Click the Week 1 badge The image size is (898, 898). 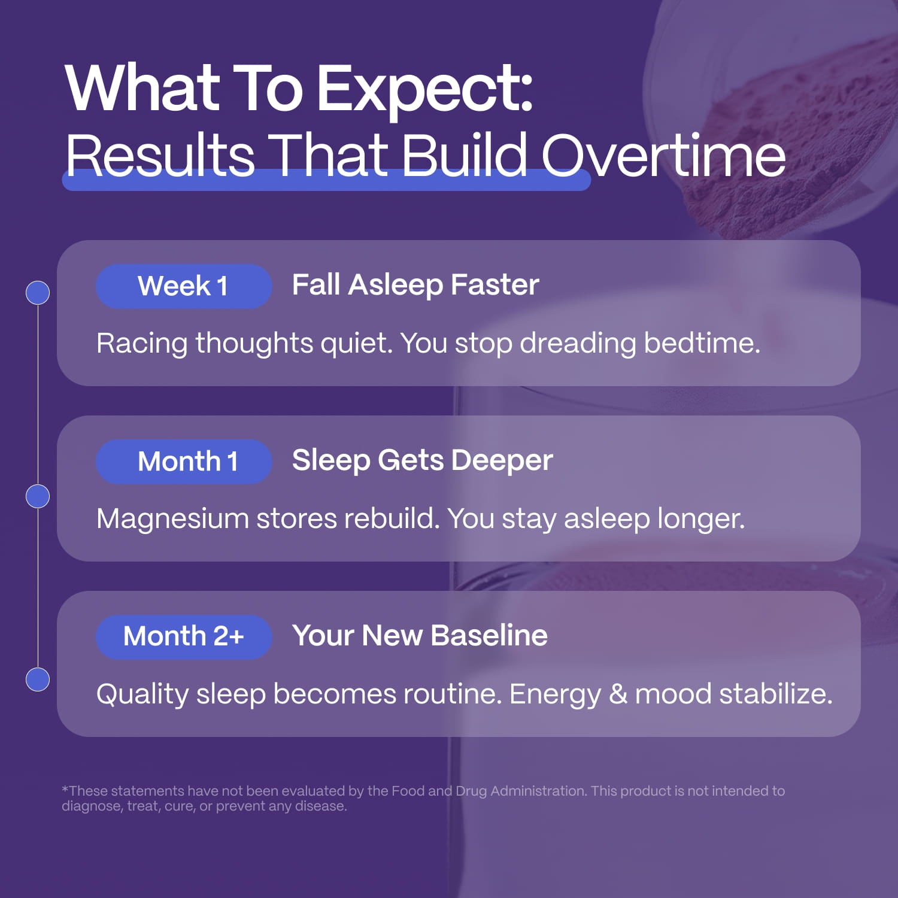point(184,286)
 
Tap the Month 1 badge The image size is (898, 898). point(184,462)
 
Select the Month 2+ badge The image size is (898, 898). point(184,637)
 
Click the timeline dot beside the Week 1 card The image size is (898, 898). point(38,293)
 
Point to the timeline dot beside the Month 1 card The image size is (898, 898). point(38,496)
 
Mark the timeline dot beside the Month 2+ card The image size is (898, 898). point(38,679)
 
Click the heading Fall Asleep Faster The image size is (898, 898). point(415,285)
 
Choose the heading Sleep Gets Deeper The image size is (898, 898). point(422,461)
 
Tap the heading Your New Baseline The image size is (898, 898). point(420,636)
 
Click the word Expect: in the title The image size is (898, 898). point(424,90)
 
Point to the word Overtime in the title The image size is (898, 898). point(663,155)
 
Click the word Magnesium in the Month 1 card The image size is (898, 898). point(172,519)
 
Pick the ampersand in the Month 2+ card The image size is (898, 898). point(618,694)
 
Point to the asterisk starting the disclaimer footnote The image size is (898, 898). point(65,789)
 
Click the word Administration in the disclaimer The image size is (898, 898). point(538,791)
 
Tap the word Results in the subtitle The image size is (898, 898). point(160,155)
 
